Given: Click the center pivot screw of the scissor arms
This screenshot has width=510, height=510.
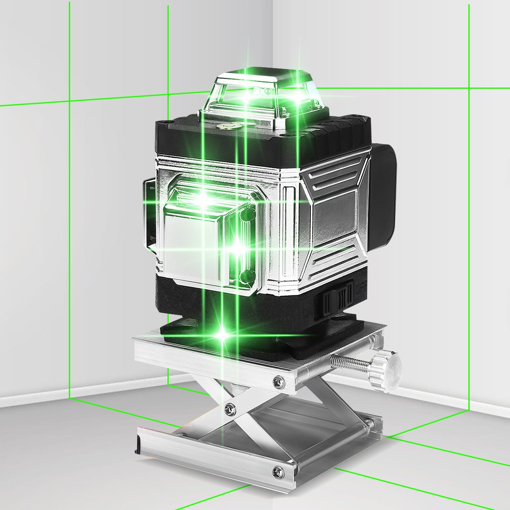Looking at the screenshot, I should click(230, 409).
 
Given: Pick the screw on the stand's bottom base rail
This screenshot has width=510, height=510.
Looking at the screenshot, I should click(279, 471).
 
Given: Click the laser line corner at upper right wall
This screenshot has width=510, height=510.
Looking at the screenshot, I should click(469, 88).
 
